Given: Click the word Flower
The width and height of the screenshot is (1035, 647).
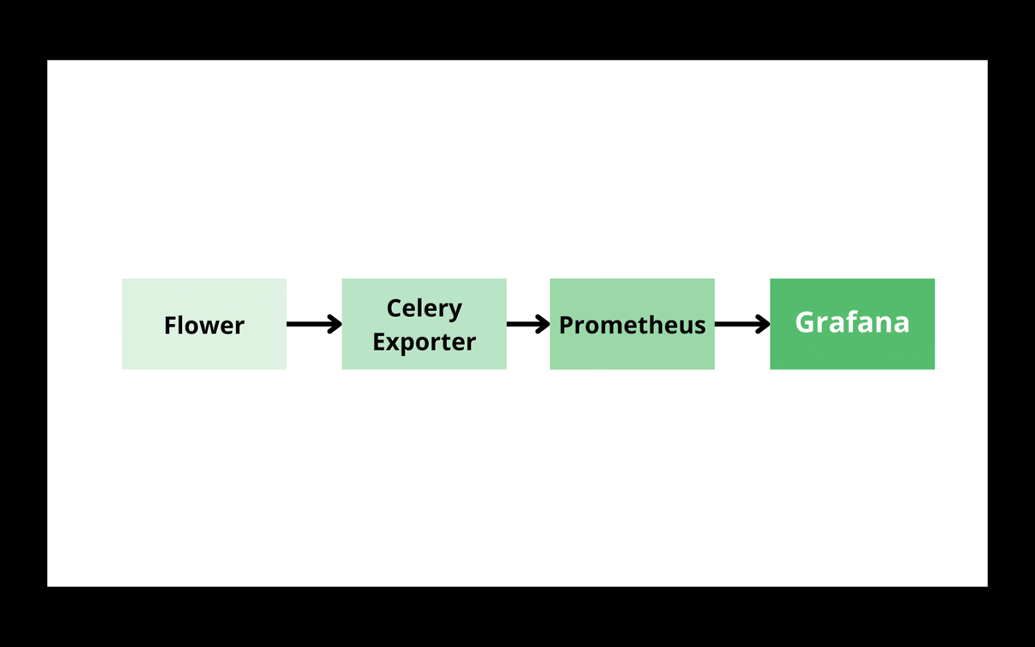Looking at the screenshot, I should [x=204, y=325].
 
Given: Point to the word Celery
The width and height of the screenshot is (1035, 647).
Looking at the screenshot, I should [x=424, y=309].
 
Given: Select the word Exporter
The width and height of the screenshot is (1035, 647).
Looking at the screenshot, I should [x=424, y=342].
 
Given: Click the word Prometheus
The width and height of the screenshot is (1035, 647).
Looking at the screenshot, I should [x=632, y=325].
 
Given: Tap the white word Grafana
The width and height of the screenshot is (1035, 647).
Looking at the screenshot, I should [x=852, y=322].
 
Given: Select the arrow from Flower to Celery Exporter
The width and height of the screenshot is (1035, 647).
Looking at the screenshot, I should [x=311, y=324].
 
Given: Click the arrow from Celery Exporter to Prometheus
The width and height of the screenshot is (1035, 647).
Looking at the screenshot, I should [x=526, y=324].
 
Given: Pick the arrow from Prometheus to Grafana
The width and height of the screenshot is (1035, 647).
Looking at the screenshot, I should [x=740, y=324].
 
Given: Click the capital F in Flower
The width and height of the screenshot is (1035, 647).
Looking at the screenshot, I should [x=170, y=325].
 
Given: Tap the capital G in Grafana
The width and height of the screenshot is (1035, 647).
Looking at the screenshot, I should [x=806, y=322].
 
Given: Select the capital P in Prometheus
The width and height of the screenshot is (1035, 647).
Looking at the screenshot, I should [x=566, y=325].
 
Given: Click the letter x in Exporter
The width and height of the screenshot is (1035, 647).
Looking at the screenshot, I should [x=393, y=343].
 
